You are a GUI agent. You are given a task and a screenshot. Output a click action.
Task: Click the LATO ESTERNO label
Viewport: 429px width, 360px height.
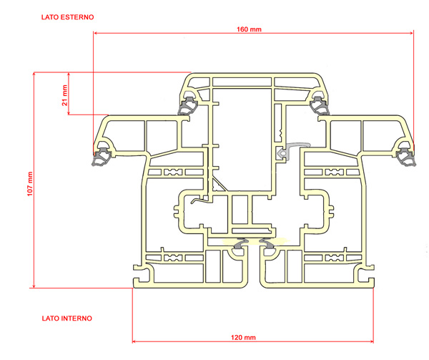[x=68, y=17]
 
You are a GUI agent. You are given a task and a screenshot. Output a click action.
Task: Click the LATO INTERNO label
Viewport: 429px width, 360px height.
[x=67, y=318]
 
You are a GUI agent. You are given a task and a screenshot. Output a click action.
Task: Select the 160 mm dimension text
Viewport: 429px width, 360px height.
[x=249, y=29]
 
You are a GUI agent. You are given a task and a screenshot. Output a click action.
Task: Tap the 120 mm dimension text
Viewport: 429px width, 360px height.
[x=243, y=337]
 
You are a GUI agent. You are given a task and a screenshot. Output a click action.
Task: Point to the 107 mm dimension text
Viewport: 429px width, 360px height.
[x=30, y=184]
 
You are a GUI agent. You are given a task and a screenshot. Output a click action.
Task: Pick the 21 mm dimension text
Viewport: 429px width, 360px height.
[x=64, y=95]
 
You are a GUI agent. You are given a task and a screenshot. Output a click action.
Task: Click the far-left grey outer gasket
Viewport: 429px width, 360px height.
[x=102, y=157]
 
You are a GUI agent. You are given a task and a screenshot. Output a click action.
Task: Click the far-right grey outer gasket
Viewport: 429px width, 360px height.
[x=405, y=157]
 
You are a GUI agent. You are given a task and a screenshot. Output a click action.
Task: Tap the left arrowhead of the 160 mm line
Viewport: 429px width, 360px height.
[x=96, y=33]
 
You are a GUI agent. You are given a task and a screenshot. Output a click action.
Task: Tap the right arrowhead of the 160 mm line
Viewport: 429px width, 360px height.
[x=412, y=33]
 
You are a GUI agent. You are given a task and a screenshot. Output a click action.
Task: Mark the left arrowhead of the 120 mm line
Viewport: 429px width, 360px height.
[x=134, y=341]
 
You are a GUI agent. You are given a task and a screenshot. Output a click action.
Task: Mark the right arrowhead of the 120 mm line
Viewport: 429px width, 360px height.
[x=371, y=341]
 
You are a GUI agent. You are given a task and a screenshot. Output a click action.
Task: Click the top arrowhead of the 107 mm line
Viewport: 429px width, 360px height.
[x=34, y=74]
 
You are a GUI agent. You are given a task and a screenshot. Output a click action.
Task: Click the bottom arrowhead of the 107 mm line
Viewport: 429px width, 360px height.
[x=34, y=286]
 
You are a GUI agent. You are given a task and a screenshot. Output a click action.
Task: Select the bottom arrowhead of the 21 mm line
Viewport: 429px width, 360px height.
[x=69, y=112]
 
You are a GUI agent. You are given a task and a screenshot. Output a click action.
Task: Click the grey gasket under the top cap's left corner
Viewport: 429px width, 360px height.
[x=187, y=105]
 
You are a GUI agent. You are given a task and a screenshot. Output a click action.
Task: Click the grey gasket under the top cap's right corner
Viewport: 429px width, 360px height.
[x=320, y=105]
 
